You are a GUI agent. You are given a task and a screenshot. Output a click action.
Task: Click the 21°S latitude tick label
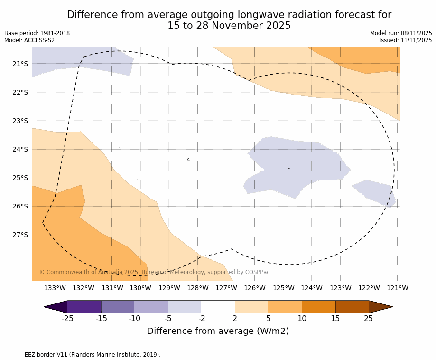(x=20, y=64)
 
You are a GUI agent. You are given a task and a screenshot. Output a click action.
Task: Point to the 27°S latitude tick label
(x=20, y=235)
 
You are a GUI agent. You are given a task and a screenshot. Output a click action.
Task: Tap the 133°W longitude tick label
(x=55, y=288)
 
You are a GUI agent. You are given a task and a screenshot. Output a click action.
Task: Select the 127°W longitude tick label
(x=226, y=288)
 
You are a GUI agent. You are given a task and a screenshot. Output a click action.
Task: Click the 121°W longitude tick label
(x=398, y=288)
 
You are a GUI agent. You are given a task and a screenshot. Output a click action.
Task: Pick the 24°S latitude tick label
(x=20, y=149)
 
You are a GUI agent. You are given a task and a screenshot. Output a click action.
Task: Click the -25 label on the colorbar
(x=68, y=318)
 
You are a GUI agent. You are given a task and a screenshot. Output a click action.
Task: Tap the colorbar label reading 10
(x=302, y=318)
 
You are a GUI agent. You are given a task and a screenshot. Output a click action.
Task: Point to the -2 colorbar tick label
(x=202, y=318)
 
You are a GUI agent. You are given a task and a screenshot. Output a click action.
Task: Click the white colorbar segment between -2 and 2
(x=218, y=307)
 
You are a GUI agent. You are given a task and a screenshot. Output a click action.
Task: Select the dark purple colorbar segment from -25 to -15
(x=84, y=307)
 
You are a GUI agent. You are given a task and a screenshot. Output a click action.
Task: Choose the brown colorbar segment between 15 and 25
(x=352, y=307)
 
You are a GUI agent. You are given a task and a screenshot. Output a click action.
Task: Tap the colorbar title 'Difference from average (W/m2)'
(x=218, y=331)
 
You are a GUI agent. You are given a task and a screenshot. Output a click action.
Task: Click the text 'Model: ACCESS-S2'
(x=29, y=40)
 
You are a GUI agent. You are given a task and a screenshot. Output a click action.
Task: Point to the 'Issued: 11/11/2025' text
(x=406, y=40)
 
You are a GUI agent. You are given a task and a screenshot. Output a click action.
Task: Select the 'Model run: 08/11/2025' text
(x=401, y=33)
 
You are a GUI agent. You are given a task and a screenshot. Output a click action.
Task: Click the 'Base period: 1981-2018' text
(x=37, y=33)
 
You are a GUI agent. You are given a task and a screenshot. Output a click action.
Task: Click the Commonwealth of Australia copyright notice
(x=155, y=272)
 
